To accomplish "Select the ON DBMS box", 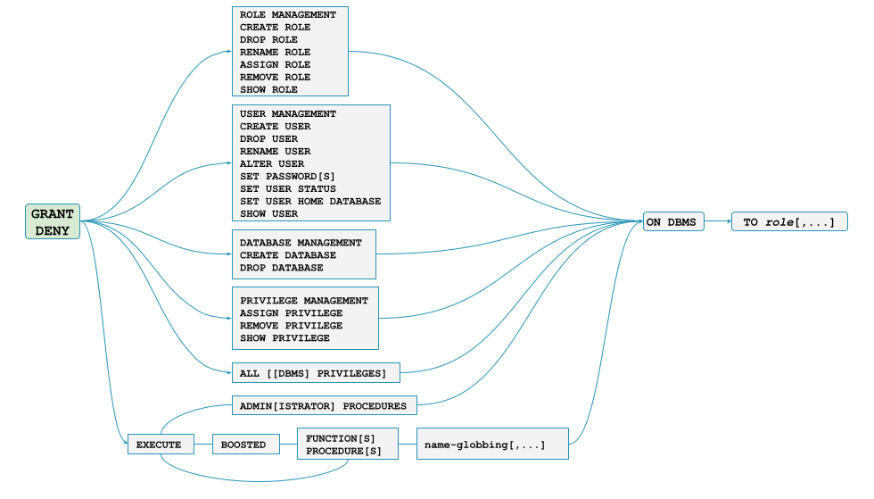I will click(x=673, y=222).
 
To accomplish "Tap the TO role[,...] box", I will click(x=789, y=222).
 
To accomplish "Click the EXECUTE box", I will click(x=159, y=445).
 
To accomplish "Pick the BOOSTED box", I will click(x=243, y=445).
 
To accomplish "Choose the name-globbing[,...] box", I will click(x=491, y=445).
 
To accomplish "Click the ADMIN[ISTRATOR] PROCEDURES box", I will click(x=324, y=406).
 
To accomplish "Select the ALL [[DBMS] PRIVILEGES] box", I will click(x=313, y=373).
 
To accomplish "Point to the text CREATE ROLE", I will click(x=275, y=28).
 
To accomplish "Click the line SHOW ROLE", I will click(x=268, y=90).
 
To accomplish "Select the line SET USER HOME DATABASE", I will click(x=309, y=202).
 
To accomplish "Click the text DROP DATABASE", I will click(x=281, y=268).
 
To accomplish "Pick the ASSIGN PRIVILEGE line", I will click(x=291, y=313).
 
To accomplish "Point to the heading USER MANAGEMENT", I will click(x=287, y=114).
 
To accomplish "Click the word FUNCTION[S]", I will click(x=340, y=438).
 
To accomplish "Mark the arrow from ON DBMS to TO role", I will click(x=717, y=222).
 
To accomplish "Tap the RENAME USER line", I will click(x=275, y=152).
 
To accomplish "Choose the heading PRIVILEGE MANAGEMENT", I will click(x=303, y=301).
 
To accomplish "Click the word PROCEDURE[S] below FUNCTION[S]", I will click(x=343, y=452).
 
